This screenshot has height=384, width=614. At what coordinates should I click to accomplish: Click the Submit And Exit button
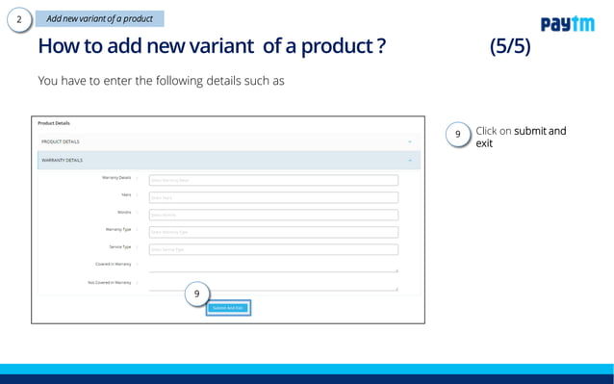click(x=228, y=308)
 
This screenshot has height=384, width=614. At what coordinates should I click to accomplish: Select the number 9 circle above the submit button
click(x=196, y=293)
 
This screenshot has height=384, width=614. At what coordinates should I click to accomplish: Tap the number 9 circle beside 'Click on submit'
click(x=459, y=135)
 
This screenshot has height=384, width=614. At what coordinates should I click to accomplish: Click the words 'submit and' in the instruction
click(x=540, y=131)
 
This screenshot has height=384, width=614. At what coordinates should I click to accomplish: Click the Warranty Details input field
click(x=272, y=180)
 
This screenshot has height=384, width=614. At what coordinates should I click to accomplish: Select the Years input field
click(x=272, y=197)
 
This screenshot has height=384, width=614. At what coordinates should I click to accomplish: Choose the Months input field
click(x=272, y=215)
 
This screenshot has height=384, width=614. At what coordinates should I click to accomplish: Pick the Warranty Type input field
click(x=272, y=232)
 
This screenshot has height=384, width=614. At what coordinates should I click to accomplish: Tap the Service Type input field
click(x=272, y=249)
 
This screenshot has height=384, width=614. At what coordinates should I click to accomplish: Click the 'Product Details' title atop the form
click(x=54, y=123)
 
